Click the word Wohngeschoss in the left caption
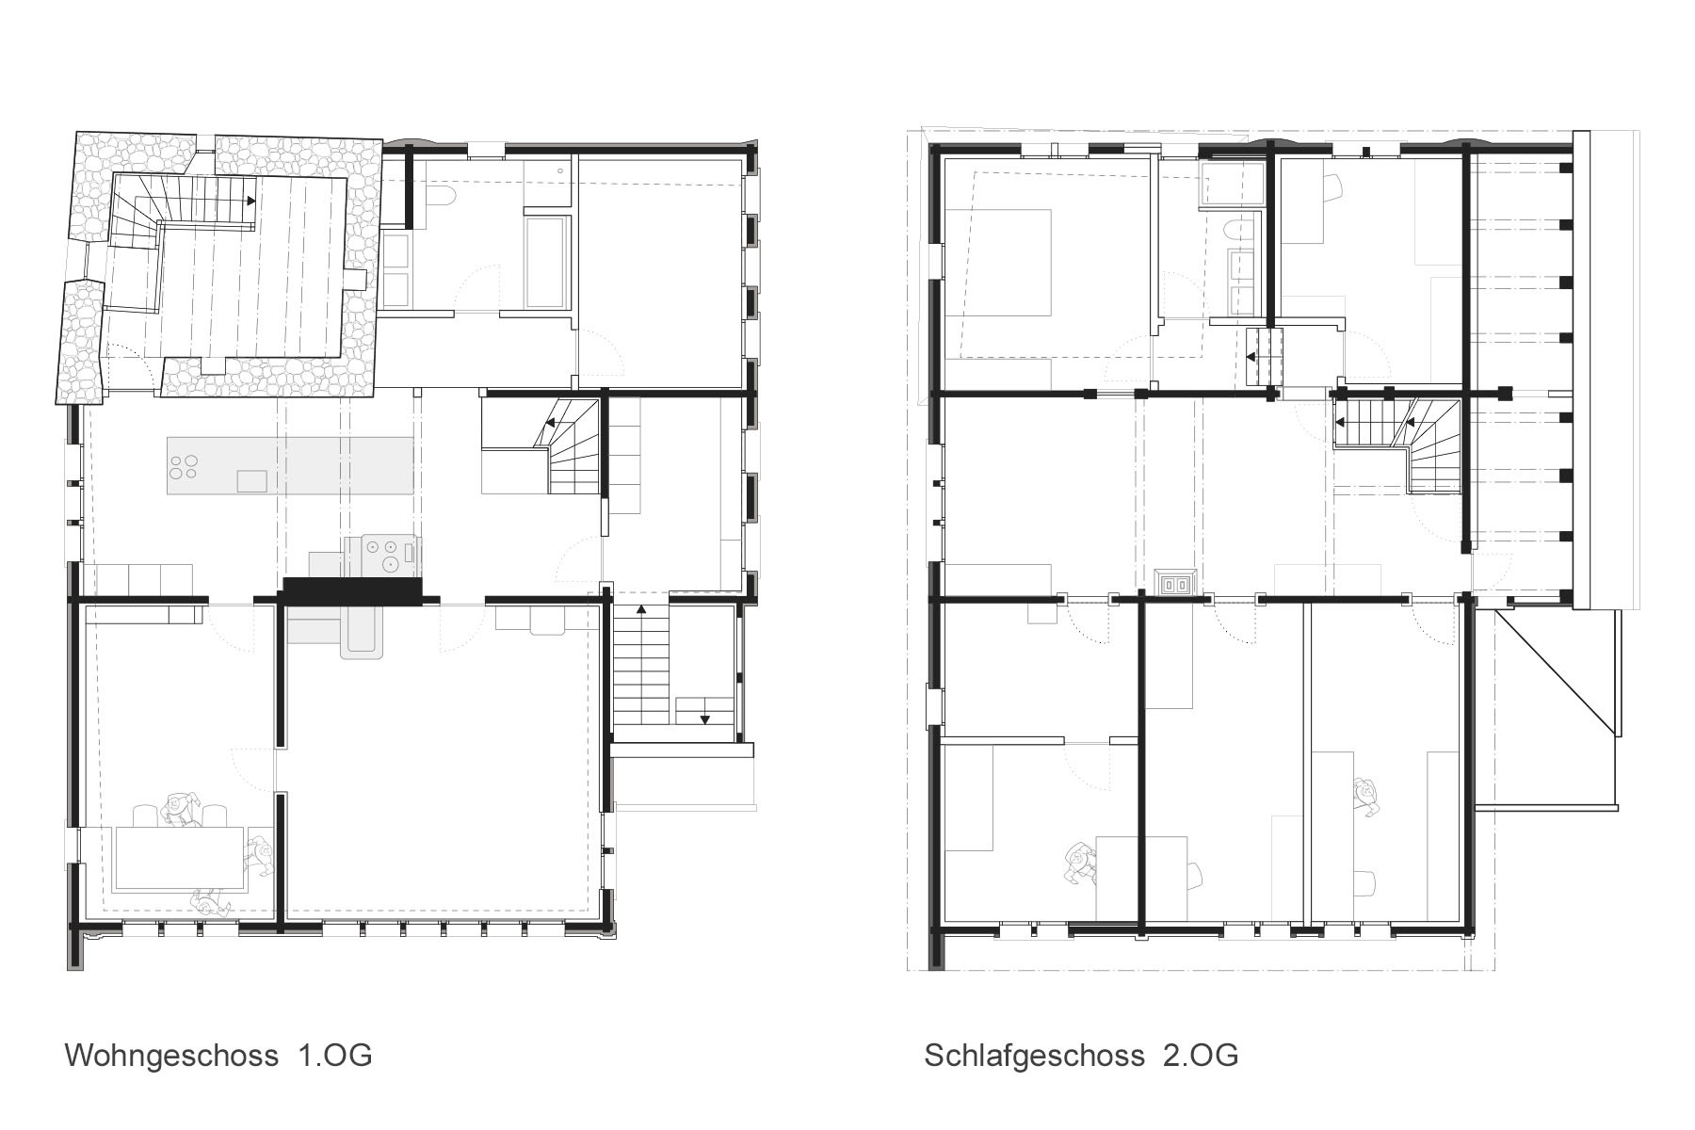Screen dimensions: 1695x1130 coord(170,1054)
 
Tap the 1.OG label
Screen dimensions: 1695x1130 coord(335,1054)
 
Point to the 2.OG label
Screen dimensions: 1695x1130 coord(1201,1054)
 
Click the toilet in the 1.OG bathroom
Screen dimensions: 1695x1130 coord(442,196)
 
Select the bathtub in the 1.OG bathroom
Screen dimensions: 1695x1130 coord(547,263)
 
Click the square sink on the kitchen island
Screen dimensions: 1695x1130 coord(252,481)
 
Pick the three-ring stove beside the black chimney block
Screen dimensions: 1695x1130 coord(386,555)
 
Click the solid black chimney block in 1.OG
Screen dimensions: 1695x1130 coord(351,590)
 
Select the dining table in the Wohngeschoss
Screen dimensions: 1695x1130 coord(179,859)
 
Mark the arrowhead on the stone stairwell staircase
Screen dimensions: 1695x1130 coord(251,201)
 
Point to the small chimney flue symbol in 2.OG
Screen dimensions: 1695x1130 coord(1175,584)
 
